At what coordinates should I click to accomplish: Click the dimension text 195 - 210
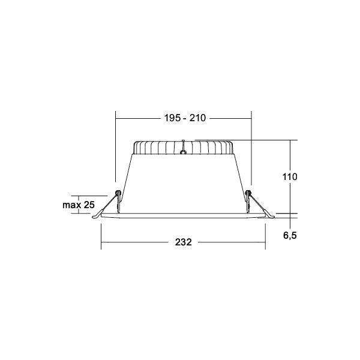click(185, 118)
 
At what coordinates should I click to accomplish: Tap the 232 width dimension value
click(183, 242)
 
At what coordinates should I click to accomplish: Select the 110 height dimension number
click(290, 177)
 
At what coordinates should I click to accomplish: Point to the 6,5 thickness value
click(290, 235)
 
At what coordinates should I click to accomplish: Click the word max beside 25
click(71, 205)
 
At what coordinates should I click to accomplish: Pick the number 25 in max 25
click(89, 205)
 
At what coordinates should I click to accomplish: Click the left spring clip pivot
click(118, 193)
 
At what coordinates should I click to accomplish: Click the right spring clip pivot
click(248, 193)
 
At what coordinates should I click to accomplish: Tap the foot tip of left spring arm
click(93, 217)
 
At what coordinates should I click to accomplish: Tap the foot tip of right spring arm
click(273, 217)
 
